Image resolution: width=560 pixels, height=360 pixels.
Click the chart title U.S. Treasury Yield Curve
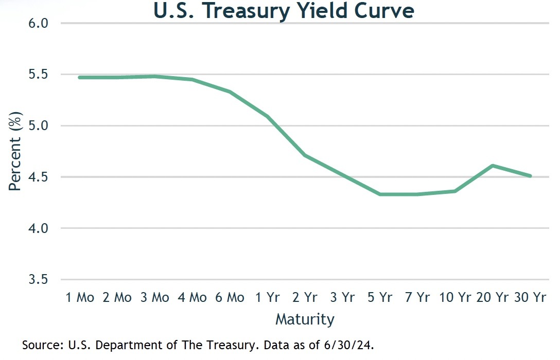pos(284,11)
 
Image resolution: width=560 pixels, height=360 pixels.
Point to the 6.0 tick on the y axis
pos(40,24)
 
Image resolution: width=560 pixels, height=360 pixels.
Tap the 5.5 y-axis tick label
pos(40,75)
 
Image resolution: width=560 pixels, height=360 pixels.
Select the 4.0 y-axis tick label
pos(40,228)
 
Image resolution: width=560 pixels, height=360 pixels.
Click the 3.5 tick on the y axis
pos(40,280)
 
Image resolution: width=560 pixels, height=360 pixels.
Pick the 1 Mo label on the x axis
pos(80,297)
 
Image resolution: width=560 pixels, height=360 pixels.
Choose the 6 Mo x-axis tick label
pos(229,297)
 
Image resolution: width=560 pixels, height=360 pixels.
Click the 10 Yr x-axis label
pos(456,297)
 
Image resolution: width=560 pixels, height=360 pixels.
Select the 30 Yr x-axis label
pos(530,297)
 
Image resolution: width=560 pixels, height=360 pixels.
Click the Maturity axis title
pos(305,319)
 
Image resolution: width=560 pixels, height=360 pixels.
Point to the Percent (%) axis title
pos(15,151)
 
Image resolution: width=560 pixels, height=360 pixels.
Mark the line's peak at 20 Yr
pos(493,166)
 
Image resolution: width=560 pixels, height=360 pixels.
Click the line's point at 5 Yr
pos(380,194)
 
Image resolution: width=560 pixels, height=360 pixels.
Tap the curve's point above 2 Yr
pos(305,155)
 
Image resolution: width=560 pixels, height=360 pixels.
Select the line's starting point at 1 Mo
pos(80,78)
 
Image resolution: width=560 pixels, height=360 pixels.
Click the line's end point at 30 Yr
pos(530,176)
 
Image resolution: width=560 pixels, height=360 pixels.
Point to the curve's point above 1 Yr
pos(268,116)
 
